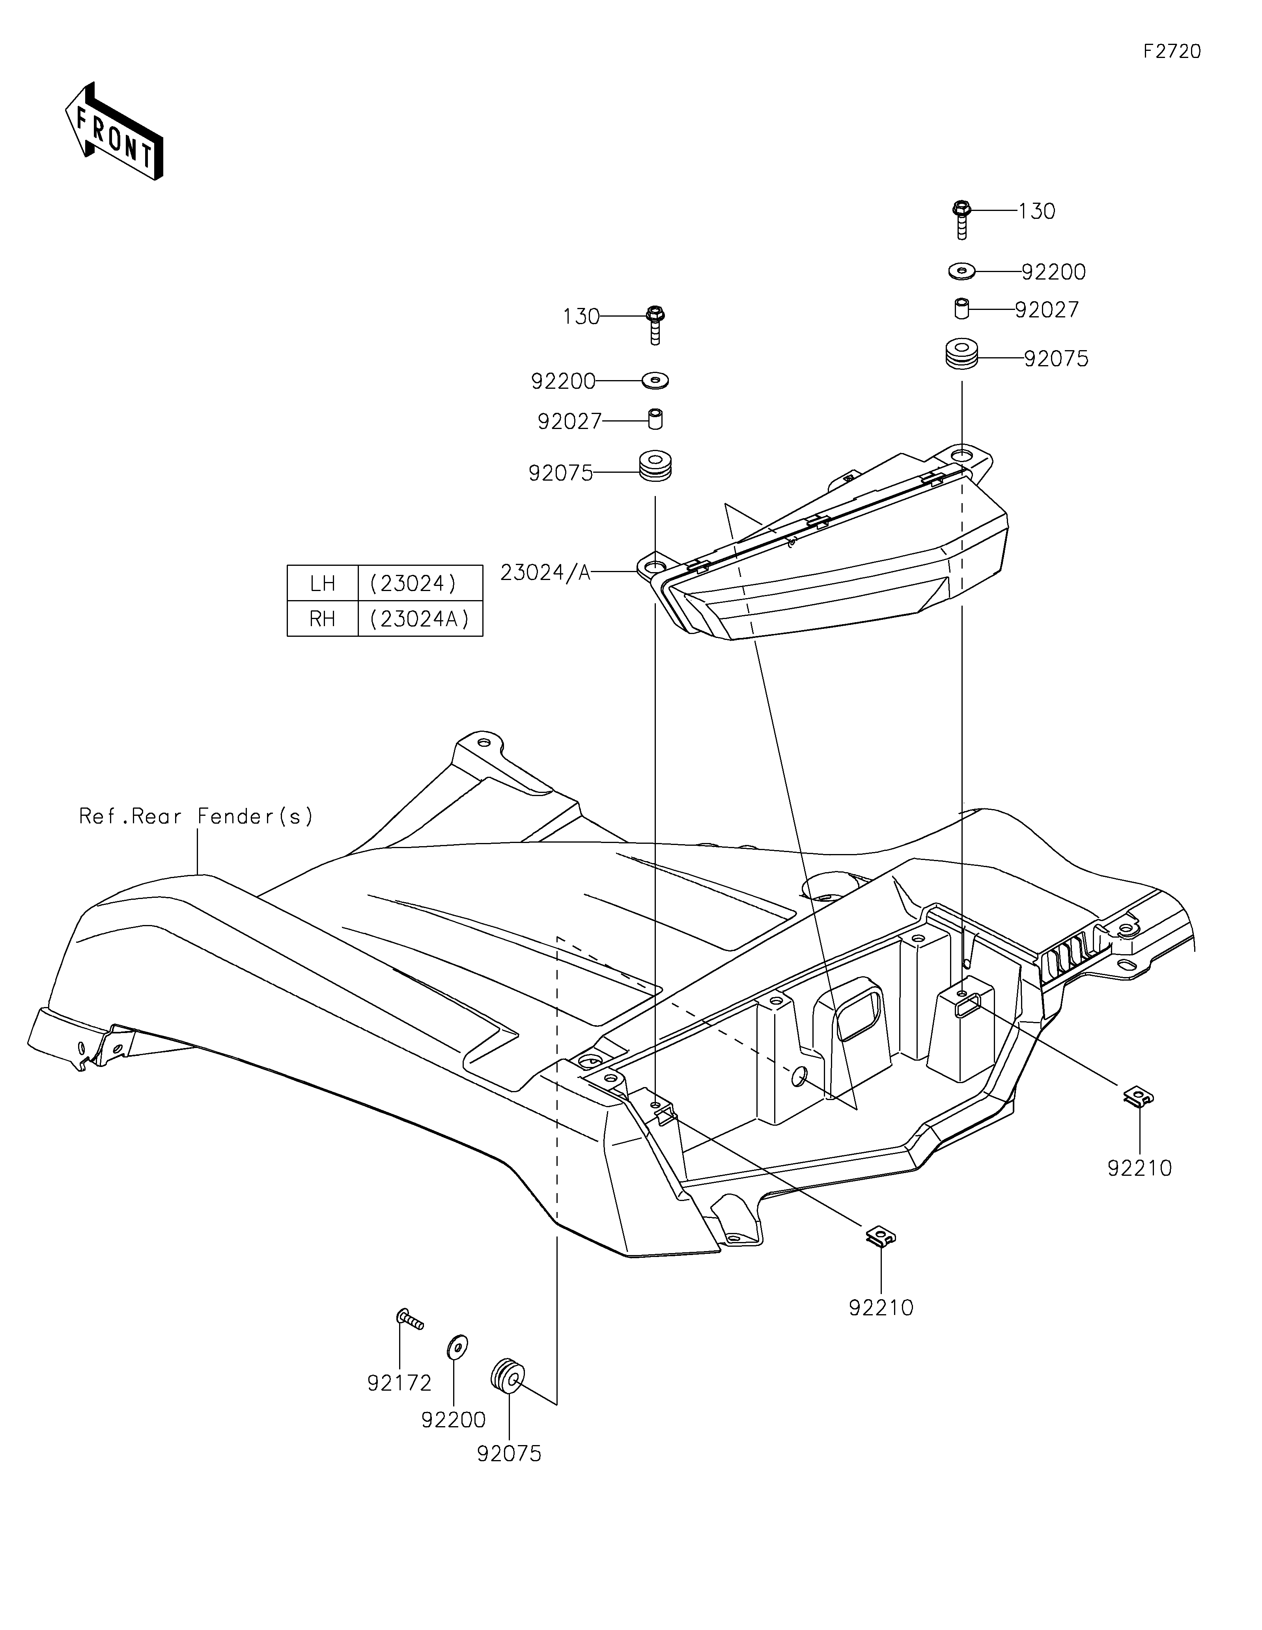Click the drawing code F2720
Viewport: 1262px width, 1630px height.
coord(1172,52)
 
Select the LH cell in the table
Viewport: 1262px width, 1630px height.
coord(323,583)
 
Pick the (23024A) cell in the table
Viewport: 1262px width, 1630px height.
coord(420,619)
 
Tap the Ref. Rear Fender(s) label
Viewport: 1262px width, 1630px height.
coord(196,817)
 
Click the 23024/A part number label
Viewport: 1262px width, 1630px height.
coord(545,573)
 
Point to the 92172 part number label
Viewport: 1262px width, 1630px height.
coord(399,1384)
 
